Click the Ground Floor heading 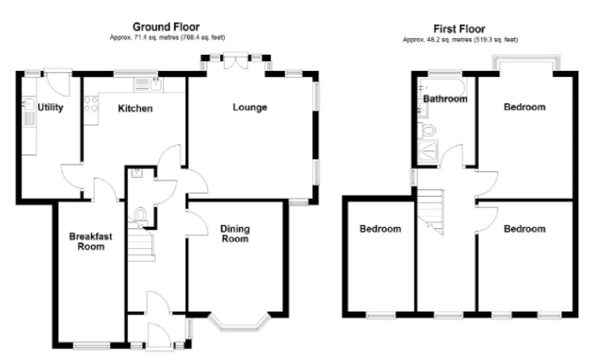(166, 27)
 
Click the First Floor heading (459, 29)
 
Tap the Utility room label (50, 107)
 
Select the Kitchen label (135, 108)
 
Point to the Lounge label (250, 107)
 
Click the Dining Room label (235, 234)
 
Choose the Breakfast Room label (91, 242)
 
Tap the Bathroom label (445, 99)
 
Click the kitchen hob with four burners (91, 104)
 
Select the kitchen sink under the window (148, 84)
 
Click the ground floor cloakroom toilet (140, 215)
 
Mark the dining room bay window (239, 323)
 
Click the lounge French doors (236, 61)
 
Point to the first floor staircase (430, 212)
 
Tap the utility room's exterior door (58, 82)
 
